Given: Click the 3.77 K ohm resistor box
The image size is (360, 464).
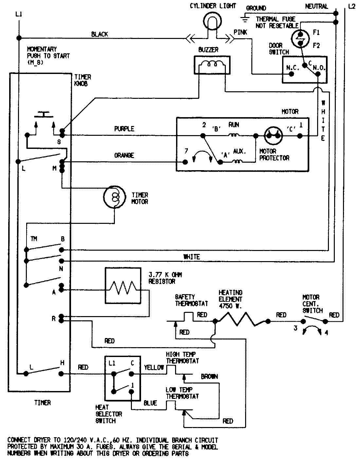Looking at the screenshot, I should [x=123, y=286].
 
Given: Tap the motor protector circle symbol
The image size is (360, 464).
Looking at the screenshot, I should [x=273, y=135].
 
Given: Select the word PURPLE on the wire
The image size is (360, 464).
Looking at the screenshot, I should [x=124, y=129].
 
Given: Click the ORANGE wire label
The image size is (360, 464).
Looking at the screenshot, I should [x=124, y=155].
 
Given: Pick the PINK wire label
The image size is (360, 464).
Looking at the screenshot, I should [x=241, y=32].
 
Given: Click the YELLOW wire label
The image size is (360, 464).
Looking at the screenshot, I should [x=154, y=367].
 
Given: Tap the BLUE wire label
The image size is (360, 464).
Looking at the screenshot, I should [x=150, y=403].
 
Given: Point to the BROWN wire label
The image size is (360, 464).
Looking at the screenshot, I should [x=209, y=377].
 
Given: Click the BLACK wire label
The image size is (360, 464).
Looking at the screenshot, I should [x=99, y=34].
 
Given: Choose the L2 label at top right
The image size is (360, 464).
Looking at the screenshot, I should [x=351, y=6].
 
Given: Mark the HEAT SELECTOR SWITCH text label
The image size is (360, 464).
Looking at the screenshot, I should [x=109, y=414].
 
